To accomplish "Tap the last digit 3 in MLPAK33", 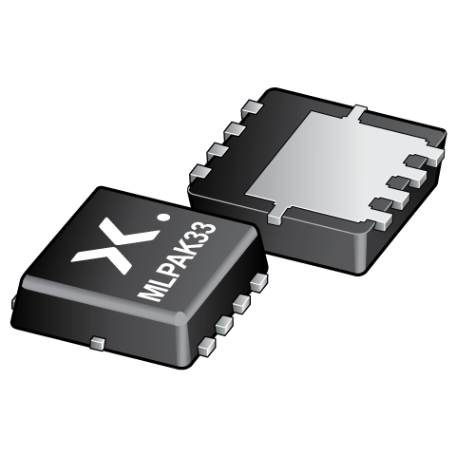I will coord(210,226).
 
